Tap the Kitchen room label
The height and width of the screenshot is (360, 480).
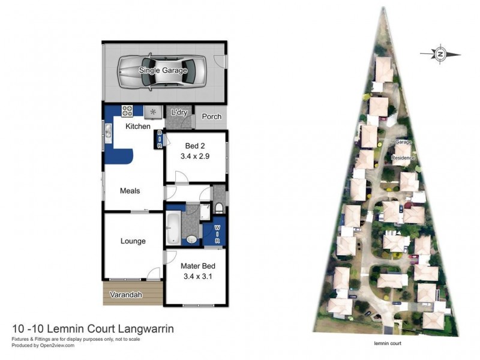point(137,127)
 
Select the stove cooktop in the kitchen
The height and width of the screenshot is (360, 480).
point(128,110)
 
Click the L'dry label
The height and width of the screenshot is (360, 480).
point(179,113)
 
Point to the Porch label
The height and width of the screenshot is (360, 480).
point(211,116)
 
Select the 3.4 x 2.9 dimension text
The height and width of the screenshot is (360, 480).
point(195,156)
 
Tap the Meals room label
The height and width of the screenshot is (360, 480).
point(130,191)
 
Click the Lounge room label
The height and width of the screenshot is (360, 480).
point(133,241)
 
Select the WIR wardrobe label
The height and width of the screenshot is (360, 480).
point(217,233)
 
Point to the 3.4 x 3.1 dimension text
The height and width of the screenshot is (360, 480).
point(197,277)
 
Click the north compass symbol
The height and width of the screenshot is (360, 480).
point(440,54)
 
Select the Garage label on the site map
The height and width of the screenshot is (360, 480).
point(403,142)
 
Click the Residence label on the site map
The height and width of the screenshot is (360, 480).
point(403,158)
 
